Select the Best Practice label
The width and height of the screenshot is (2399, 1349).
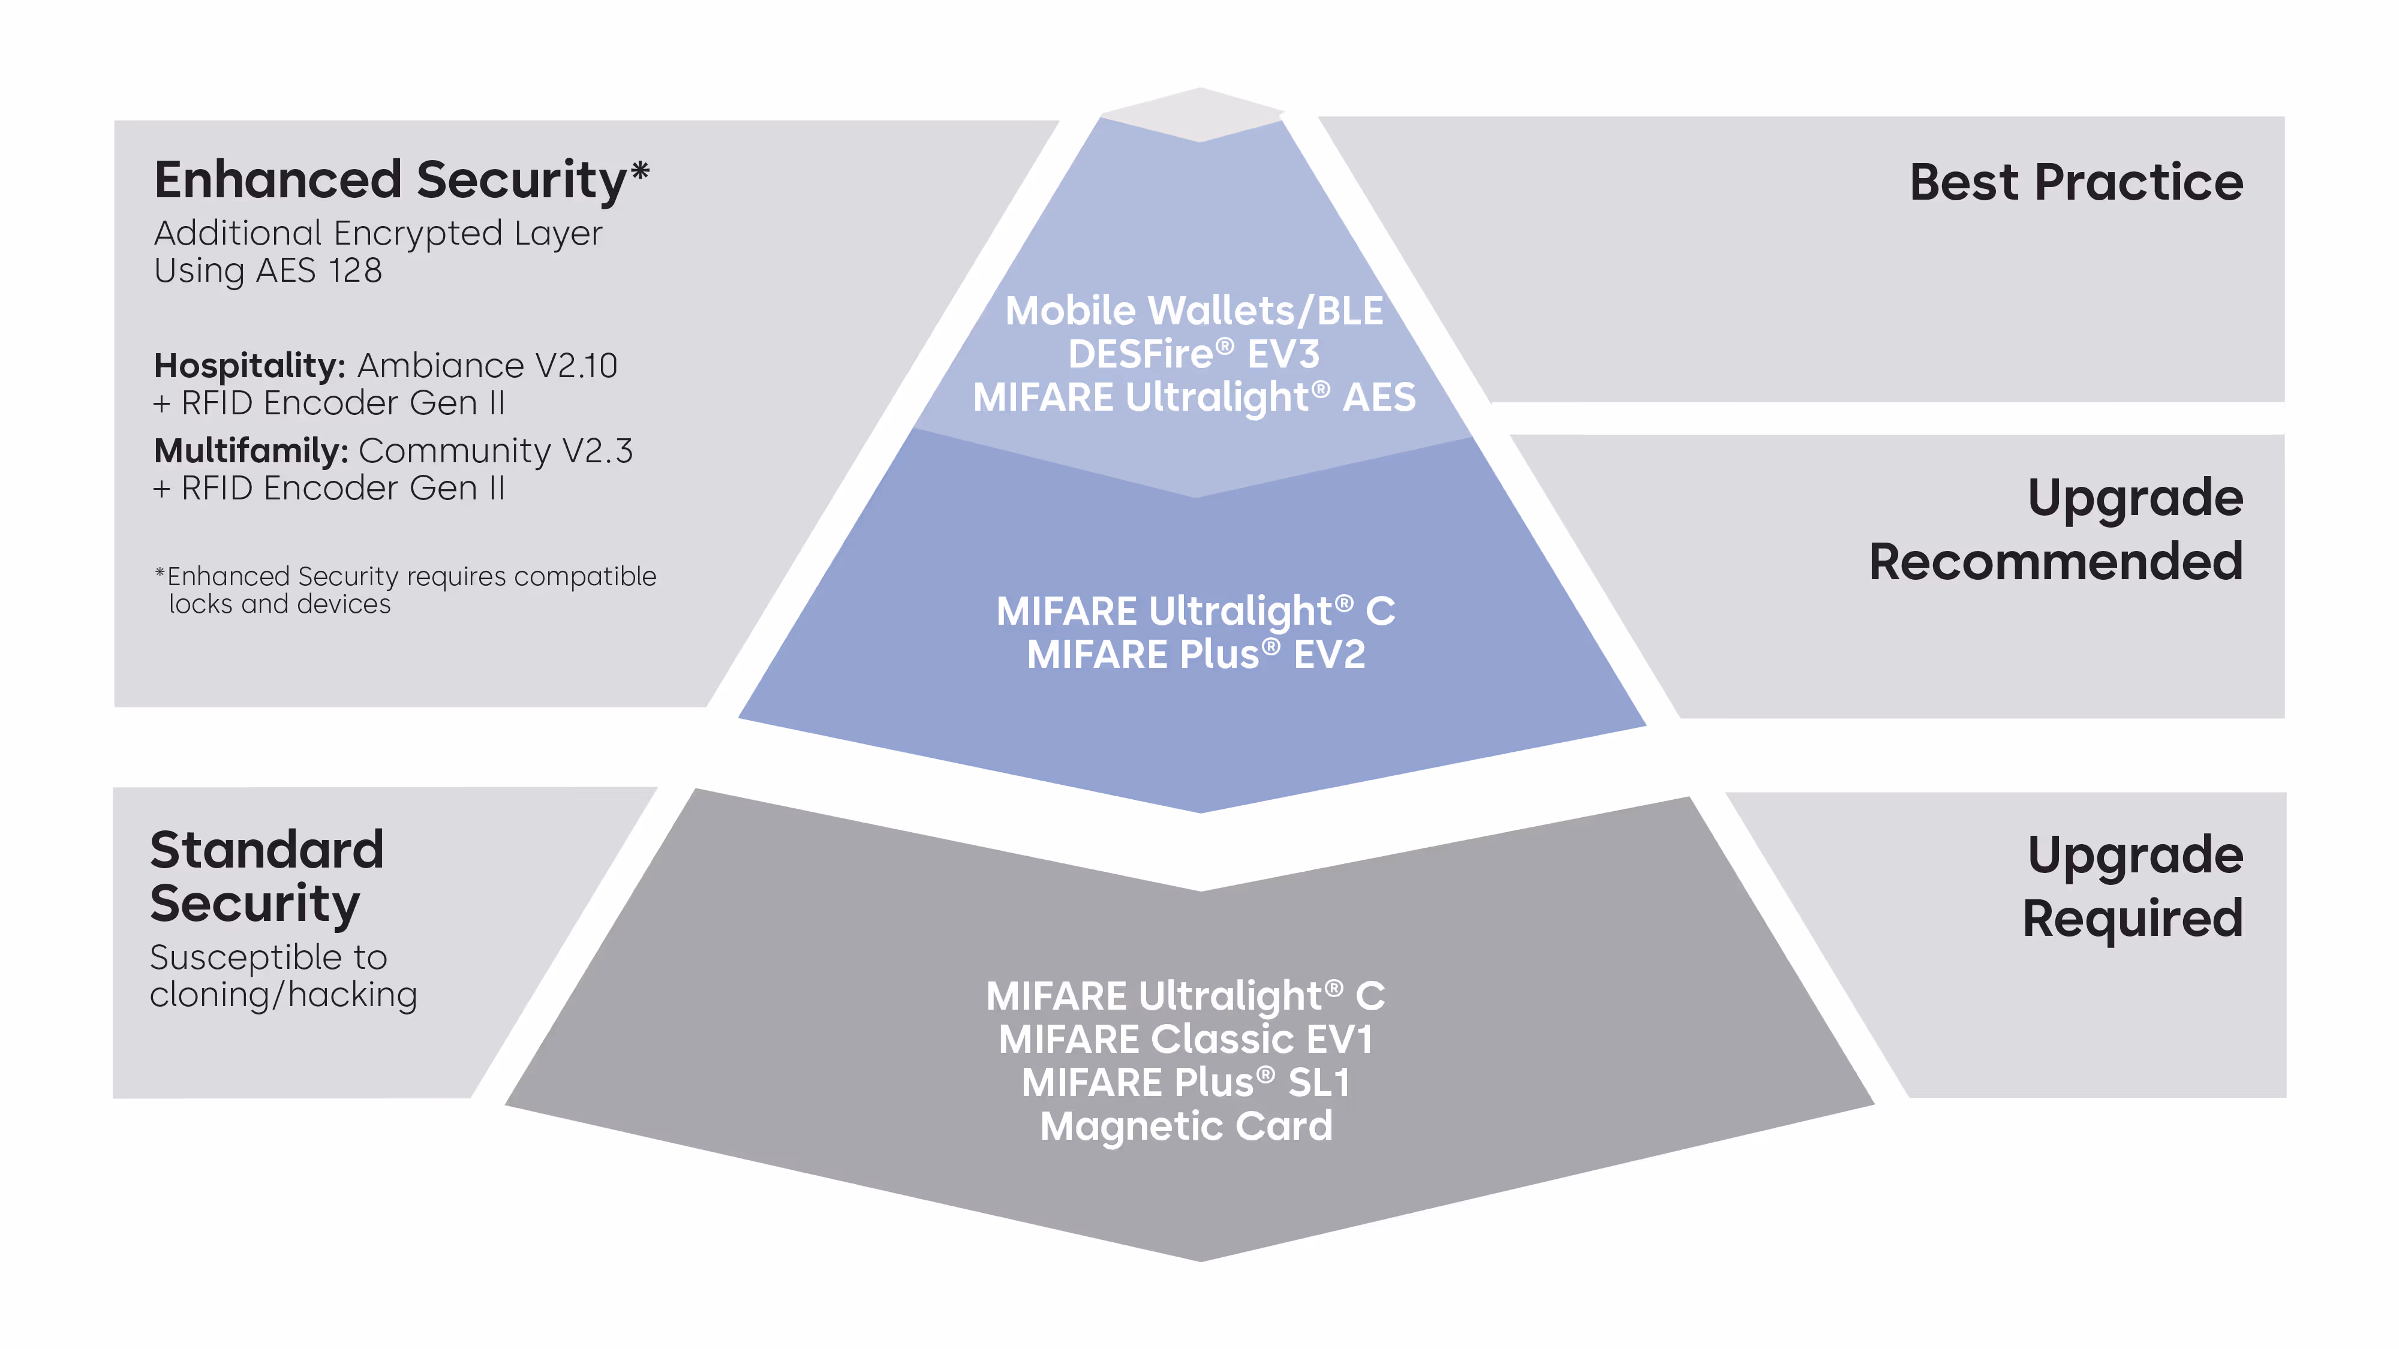point(2075,182)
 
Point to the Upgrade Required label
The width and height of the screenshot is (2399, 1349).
point(2133,886)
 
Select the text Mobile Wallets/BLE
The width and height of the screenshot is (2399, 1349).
point(1194,311)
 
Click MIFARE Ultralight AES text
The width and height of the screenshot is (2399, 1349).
point(1194,398)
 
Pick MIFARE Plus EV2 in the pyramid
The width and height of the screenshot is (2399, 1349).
point(1196,655)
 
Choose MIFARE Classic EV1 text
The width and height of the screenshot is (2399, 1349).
point(1186,1039)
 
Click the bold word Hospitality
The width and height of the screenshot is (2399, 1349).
point(249,366)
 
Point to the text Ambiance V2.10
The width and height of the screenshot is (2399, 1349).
point(487,366)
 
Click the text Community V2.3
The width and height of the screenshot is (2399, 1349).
point(495,451)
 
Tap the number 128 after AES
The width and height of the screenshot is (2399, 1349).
point(355,271)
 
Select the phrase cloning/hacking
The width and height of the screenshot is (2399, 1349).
point(283,995)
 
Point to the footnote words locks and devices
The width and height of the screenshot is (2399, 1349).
point(279,605)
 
